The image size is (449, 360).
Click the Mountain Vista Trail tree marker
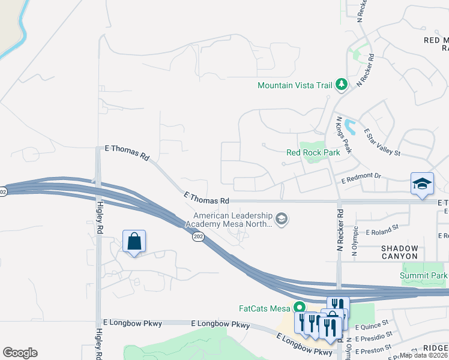click(342, 85)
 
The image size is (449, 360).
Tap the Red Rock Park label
click(313, 152)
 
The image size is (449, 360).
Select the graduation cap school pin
click(422, 183)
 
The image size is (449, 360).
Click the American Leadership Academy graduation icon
click(282, 220)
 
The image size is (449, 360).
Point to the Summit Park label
click(424, 275)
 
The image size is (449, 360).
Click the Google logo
click(20, 353)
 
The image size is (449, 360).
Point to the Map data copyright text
click(424, 355)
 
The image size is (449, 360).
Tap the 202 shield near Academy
click(198, 238)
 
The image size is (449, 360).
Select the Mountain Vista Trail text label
click(294, 85)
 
